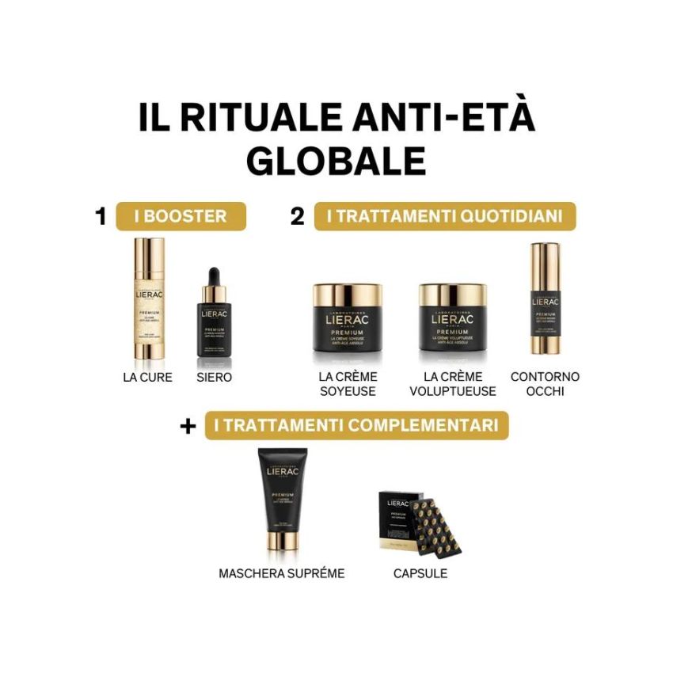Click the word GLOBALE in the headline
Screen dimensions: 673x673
336,159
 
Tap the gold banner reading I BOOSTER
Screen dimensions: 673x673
181,216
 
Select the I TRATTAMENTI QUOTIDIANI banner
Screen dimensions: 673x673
445,216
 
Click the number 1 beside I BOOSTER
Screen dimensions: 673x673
101,216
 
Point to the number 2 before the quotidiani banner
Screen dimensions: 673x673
297,216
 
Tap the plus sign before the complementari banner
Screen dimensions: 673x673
188,426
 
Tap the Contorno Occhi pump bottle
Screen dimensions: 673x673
545,299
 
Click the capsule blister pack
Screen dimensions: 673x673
424,523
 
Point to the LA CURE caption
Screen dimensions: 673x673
147,378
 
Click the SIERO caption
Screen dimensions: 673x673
214,378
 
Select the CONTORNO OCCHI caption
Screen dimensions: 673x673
545,384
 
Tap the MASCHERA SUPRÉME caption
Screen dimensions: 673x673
281,572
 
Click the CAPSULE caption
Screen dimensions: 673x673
420,572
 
